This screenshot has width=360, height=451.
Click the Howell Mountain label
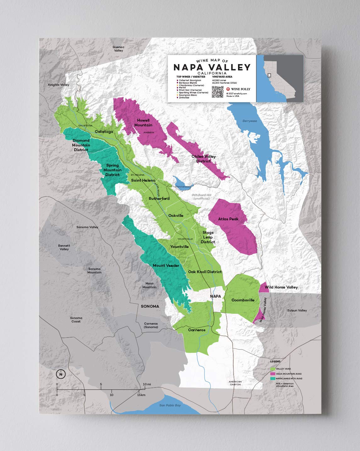(x=143, y=123)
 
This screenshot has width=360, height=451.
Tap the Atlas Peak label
(x=228, y=219)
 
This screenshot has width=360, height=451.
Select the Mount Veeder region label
(x=166, y=266)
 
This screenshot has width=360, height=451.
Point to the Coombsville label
(x=243, y=300)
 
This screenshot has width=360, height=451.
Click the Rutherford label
(x=159, y=198)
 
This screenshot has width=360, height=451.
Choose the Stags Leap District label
(x=208, y=237)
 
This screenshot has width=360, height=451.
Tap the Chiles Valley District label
(x=203, y=159)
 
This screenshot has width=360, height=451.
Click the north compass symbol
(x=61, y=374)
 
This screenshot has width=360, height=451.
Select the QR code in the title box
(x=217, y=91)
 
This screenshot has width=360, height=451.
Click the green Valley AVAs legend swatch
(x=273, y=369)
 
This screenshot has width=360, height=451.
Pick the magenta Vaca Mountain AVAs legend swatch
(x=273, y=374)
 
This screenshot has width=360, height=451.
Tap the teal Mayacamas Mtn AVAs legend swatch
(x=273, y=378)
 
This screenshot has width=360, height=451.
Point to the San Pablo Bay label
(x=170, y=405)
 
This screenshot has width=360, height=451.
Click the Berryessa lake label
(x=250, y=121)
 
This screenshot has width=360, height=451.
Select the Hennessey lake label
(x=183, y=187)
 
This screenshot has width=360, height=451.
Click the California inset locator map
(x=280, y=78)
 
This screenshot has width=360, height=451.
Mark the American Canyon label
(x=235, y=383)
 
